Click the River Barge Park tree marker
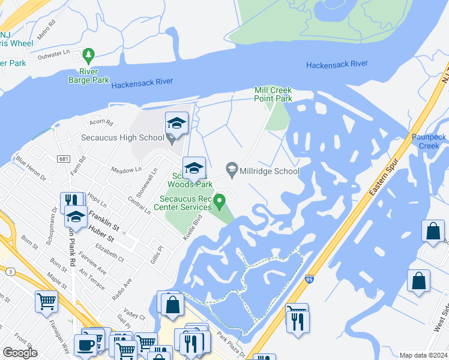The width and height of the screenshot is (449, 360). tap(89, 56)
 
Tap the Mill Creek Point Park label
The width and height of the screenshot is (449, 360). tap(273, 94)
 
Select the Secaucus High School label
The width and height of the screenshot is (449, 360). tap(122, 137)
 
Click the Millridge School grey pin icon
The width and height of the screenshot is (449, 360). tap(232, 169)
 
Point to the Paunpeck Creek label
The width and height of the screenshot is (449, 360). tap(429, 142)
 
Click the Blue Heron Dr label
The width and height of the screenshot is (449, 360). tap(31, 169)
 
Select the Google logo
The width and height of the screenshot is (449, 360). tap(20, 353)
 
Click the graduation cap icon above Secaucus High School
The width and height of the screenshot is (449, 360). tap(176, 123)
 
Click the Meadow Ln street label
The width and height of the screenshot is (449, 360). tap(125, 171)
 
